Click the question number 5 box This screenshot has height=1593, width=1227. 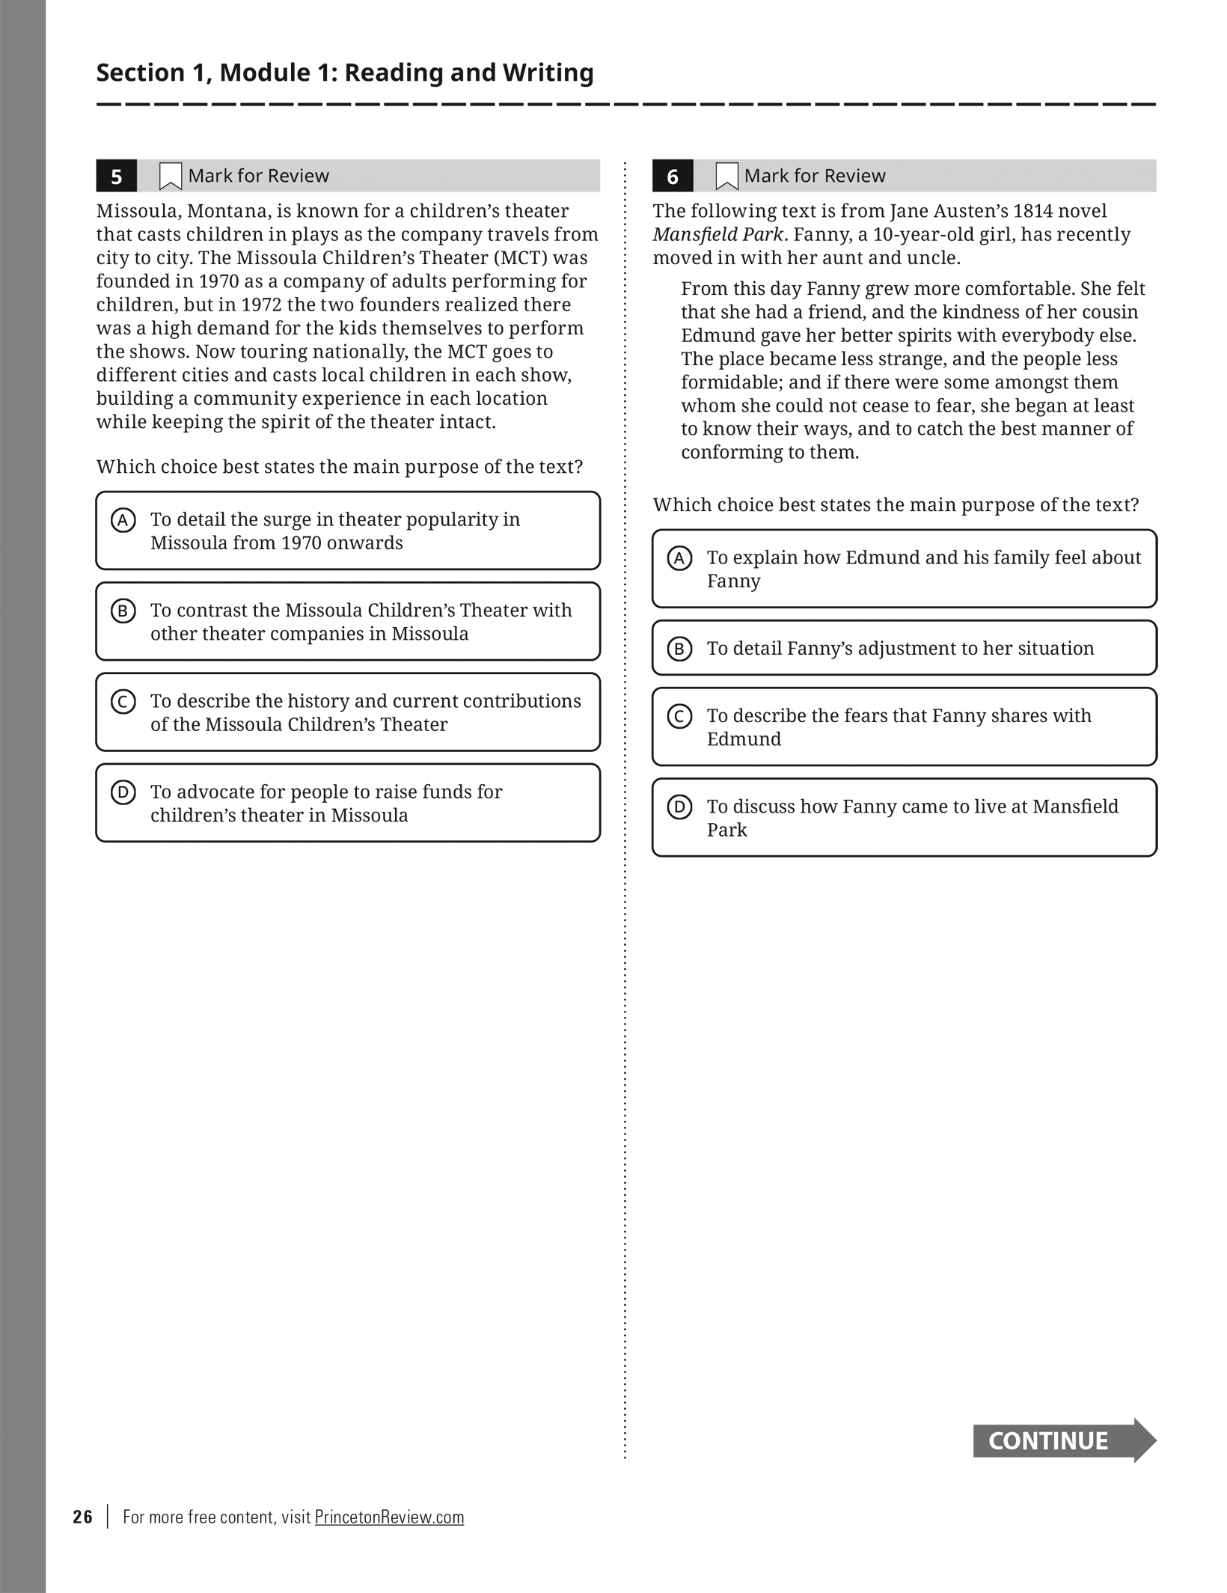click(116, 176)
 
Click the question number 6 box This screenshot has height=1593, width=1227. click(673, 176)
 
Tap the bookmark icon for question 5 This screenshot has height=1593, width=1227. click(171, 177)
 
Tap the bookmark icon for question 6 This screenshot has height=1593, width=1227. click(726, 177)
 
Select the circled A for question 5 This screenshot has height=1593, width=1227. click(123, 520)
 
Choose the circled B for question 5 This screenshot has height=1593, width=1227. click(123, 611)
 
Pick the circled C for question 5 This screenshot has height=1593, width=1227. click(123, 701)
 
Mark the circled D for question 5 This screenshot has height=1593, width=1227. click(123, 792)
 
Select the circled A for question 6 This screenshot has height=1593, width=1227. click(679, 558)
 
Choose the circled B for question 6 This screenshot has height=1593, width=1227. click(679, 649)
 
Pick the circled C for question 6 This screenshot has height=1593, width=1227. click(679, 716)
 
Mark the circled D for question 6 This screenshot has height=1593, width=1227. click(679, 807)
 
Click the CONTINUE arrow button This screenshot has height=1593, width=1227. click(1065, 1440)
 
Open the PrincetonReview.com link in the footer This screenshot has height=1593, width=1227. click(389, 1517)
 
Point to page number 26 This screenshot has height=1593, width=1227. click(83, 1517)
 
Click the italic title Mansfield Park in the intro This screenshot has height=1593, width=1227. click(717, 234)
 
